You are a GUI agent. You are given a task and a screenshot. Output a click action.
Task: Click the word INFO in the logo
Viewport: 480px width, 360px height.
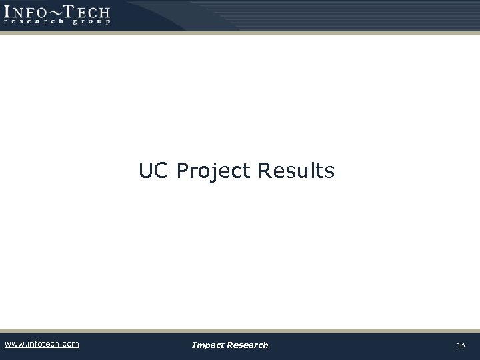point(27,11)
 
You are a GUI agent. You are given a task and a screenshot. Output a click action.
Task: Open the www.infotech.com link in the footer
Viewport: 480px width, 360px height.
point(41,344)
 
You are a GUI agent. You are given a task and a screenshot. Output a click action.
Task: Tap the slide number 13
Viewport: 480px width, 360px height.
point(460,345)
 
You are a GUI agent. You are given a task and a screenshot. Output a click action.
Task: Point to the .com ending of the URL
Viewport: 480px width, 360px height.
point(69,344)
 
